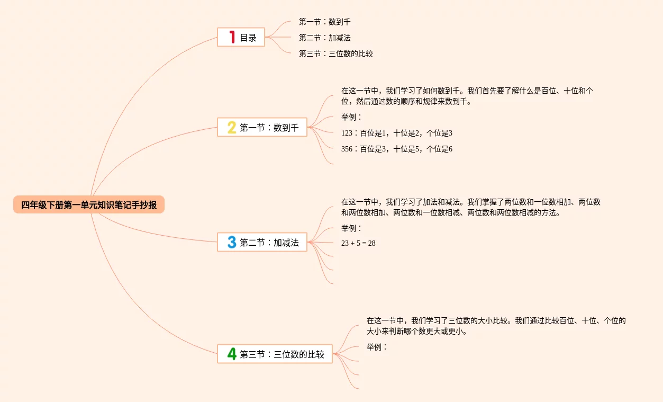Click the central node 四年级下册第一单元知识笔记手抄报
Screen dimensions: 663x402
[x=89, y=205]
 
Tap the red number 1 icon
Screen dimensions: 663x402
[x=231, y=37]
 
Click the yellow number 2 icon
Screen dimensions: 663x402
[x=231, y=127]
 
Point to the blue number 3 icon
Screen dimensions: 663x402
[x=231, y=243]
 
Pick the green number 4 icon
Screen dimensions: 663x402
[x=231, y=354]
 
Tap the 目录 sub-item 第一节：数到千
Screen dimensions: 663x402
[x=324, y=22]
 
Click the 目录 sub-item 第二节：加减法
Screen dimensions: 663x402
[x=324, y=38]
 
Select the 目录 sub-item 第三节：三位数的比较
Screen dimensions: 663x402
[x=335, y=53]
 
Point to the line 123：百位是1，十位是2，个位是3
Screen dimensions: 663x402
[x=397, y=133]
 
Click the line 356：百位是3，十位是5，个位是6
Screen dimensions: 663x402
[x=397, y=149]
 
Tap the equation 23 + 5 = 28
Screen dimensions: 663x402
[x=358, y=244]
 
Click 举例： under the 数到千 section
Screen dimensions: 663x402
[x=352, y=118]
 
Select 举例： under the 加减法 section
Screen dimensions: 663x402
[x=352, y=229]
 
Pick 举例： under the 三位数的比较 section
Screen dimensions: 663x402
[x=377, y=347]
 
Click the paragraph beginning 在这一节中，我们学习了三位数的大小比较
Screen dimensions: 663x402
[x=496, y=326]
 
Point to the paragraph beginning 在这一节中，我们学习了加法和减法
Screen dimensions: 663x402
[x=470, y=208]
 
